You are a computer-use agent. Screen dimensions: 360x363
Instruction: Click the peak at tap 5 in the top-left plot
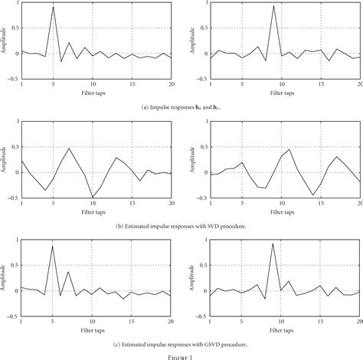(53, 7)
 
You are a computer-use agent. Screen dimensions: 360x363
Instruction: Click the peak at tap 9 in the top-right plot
(273, 6)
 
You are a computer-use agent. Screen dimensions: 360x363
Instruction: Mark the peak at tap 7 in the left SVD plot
(69, 149)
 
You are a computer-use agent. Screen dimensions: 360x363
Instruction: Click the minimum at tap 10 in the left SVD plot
(93, 198)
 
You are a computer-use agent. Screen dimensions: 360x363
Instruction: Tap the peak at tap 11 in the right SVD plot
(289, 149)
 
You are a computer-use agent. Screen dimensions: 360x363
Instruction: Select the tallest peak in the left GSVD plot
(53, 246)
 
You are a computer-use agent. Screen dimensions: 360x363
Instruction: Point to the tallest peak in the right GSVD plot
(273, 244)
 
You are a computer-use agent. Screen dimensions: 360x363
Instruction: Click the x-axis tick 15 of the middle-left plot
(132, 202)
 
